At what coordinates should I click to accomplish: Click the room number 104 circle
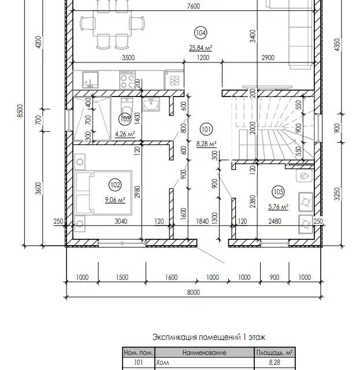pos(201,33)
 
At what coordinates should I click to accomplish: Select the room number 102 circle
pos(115,184)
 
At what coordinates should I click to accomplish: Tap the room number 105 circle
pos(278,191)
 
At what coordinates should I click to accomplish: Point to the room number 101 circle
pos(206,129)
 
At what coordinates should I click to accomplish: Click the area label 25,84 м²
pos(201,48)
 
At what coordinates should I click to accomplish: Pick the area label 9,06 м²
pos(115,200)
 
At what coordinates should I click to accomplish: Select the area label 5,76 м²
pos(278,207)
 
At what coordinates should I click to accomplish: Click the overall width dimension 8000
pos(194,293)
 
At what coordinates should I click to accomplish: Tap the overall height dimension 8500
pos(21,110)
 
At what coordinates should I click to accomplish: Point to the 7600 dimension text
pos(194,6)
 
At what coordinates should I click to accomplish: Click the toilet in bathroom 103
pos(127,107)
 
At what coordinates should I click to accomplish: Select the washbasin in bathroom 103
pos(151,104)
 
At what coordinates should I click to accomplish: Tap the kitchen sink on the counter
pos(90,80)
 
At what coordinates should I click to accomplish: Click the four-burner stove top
pos(127,80)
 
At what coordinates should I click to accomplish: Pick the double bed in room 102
pos(103,193)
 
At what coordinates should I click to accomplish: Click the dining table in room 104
pos(112,24)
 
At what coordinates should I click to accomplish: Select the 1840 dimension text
pos(202,221)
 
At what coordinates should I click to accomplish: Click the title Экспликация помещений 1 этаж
pos(209,337)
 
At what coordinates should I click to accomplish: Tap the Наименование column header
pos(205,353)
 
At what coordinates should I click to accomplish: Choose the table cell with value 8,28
pos(274,362)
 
